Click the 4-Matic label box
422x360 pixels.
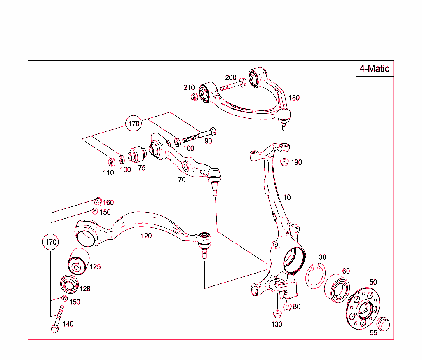coord(374,68)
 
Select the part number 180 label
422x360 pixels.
coord(294,98)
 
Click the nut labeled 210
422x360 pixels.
coord(195,97)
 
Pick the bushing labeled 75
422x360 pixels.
coord(137,154)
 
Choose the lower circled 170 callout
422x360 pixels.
coord(51,242)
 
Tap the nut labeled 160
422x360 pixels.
coord(98,201)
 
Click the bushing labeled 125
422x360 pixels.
coord(77,262)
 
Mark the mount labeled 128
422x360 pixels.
coord(69,284)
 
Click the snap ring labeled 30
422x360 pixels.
coord(315,276)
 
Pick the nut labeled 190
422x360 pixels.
coord(284,161)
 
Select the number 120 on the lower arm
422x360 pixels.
coord(146,236)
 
